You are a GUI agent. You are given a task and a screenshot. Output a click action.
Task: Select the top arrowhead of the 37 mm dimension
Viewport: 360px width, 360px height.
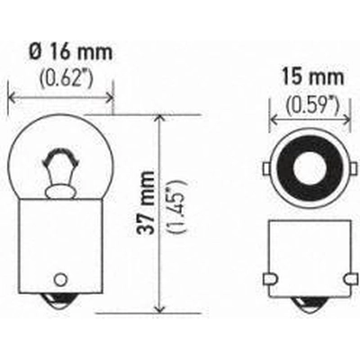(159, 120)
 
